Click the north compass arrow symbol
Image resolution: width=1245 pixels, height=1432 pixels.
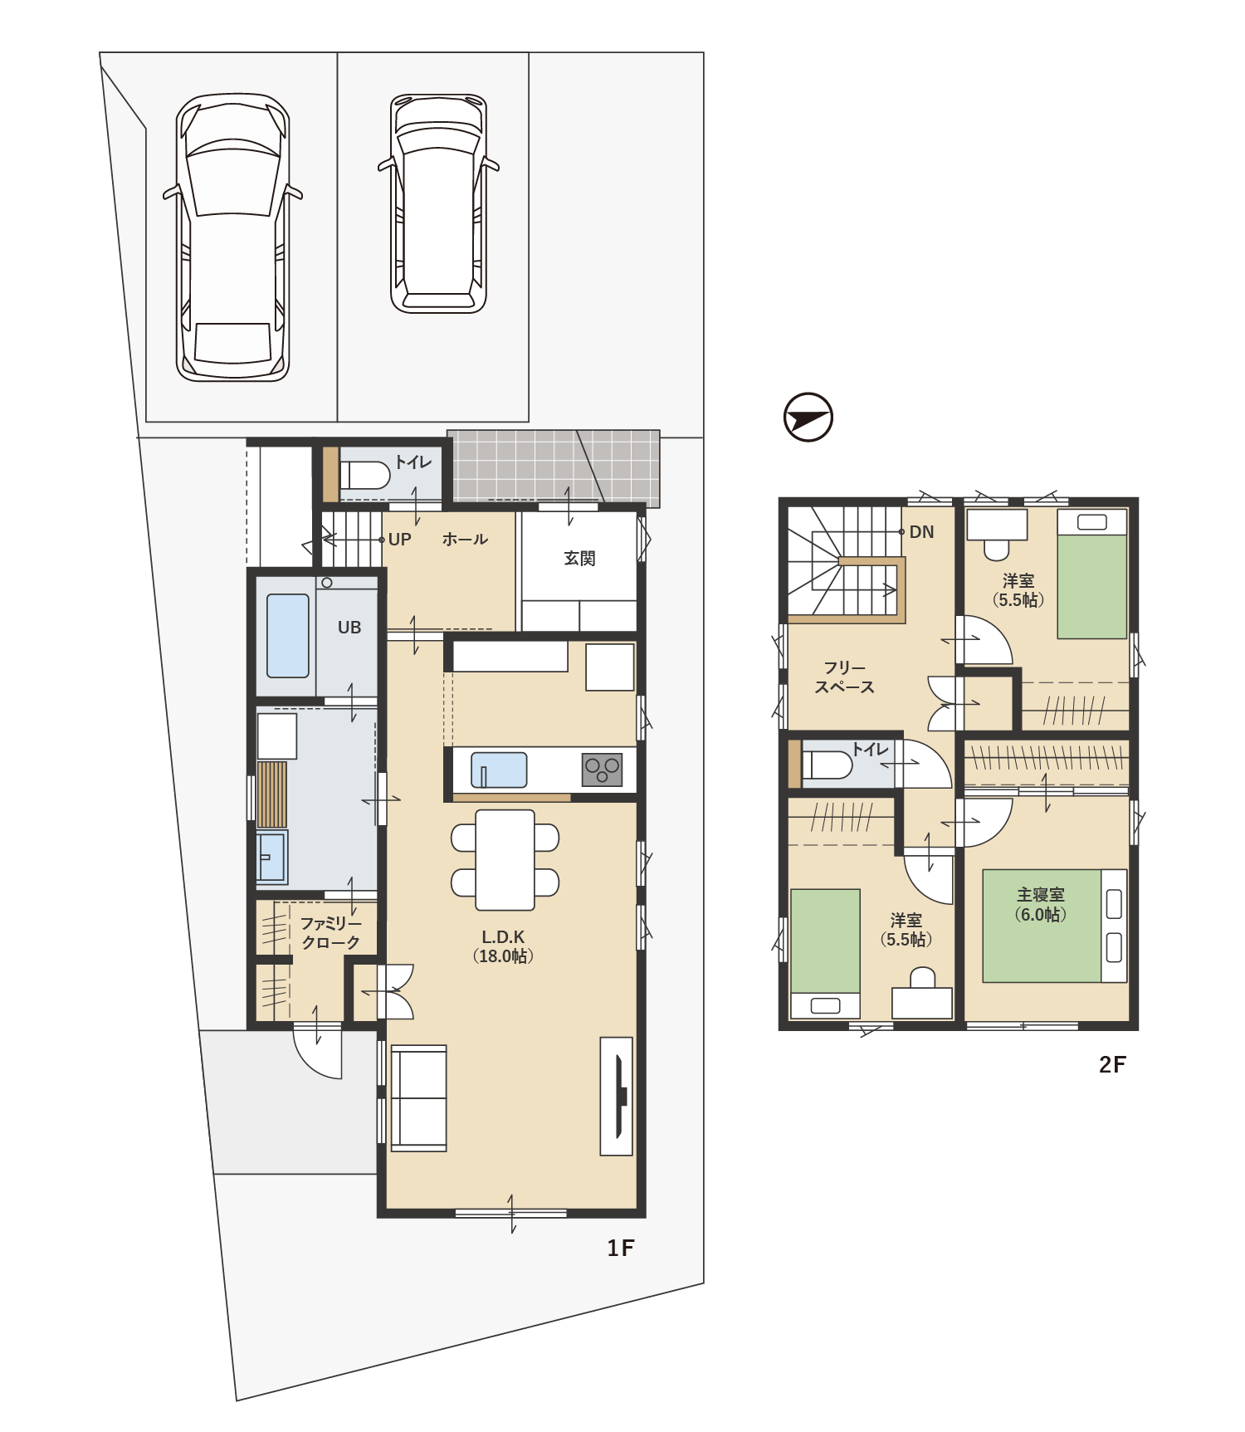click(808, 417)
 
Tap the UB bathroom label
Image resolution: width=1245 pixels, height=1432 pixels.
click(349, 628)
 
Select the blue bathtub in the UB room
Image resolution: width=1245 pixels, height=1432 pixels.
click(288, 636)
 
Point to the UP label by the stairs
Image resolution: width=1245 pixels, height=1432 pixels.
click(400, 540)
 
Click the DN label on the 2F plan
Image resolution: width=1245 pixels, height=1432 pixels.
click(921, 532)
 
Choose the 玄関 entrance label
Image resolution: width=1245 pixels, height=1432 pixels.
click(579, 559)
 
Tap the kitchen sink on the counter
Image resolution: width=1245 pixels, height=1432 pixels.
click(499, 770)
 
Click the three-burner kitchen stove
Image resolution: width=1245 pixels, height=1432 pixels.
click(603, 770)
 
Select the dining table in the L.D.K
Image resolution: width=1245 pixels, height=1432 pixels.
click(505, 860)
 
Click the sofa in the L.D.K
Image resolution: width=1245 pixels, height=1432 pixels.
click(418, 1097)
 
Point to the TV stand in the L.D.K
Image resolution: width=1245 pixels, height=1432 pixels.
click(617, 1096)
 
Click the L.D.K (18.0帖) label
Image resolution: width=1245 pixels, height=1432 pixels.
click(503, 946)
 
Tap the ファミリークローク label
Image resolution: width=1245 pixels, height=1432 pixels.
click(330, 932)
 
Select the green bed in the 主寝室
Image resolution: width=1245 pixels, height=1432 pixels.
click(1042, 926)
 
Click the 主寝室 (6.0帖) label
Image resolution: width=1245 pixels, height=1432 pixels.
click(1041, 905)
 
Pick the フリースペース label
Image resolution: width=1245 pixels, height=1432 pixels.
click(844, 677)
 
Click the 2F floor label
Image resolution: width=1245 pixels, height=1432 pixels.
click(1112, 1065)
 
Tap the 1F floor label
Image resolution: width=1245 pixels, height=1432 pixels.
click(620, 1249)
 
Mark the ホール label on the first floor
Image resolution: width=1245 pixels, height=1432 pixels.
click(465, 540)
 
